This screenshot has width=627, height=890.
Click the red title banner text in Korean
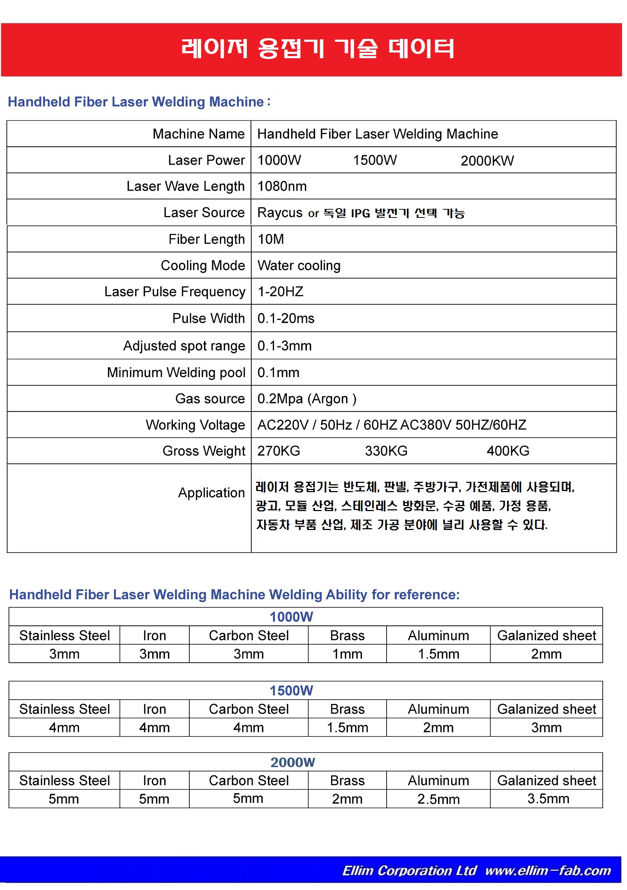point(317,49)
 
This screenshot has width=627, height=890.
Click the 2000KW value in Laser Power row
point(487,161)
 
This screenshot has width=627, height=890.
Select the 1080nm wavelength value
point(282,186)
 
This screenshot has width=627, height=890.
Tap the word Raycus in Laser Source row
point(280,213)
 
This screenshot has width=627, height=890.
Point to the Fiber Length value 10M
point(271,239)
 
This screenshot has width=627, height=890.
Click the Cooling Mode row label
point(203,265)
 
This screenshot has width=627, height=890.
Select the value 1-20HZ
point(280,291)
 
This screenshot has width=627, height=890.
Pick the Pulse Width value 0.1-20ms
point(286,319)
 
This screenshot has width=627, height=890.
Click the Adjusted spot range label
point(184,346)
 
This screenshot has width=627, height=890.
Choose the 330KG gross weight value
point(386,451)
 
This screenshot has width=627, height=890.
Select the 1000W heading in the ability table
point(291,617)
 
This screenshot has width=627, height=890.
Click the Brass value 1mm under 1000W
point(347,654)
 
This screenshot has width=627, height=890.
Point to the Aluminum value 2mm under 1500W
point(438,727)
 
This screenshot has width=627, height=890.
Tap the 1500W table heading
point(291,690)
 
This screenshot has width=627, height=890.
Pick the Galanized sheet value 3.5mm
point(548,799)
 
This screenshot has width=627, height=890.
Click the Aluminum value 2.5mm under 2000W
point(438,799)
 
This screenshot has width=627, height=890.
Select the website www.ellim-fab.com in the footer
point(548,871)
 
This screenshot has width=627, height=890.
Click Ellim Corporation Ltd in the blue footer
point(409,871)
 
